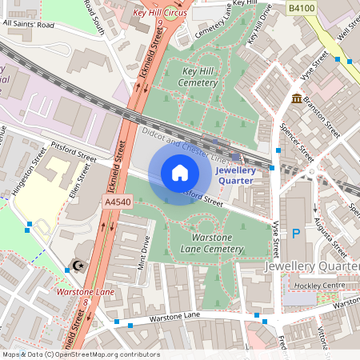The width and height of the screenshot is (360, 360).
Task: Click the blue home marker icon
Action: [x=180, y=173]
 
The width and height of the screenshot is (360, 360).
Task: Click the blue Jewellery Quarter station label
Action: [x=235, y=175]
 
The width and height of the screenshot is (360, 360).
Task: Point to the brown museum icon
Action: [x=297, y=99]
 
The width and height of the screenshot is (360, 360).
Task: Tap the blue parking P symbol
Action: [x=295, y=234]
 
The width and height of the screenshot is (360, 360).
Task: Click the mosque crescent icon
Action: [x=78, y=265]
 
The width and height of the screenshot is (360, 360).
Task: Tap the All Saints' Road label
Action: [x=29, y=23]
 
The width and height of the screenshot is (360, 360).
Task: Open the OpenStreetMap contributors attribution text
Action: [x=107, y=354]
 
